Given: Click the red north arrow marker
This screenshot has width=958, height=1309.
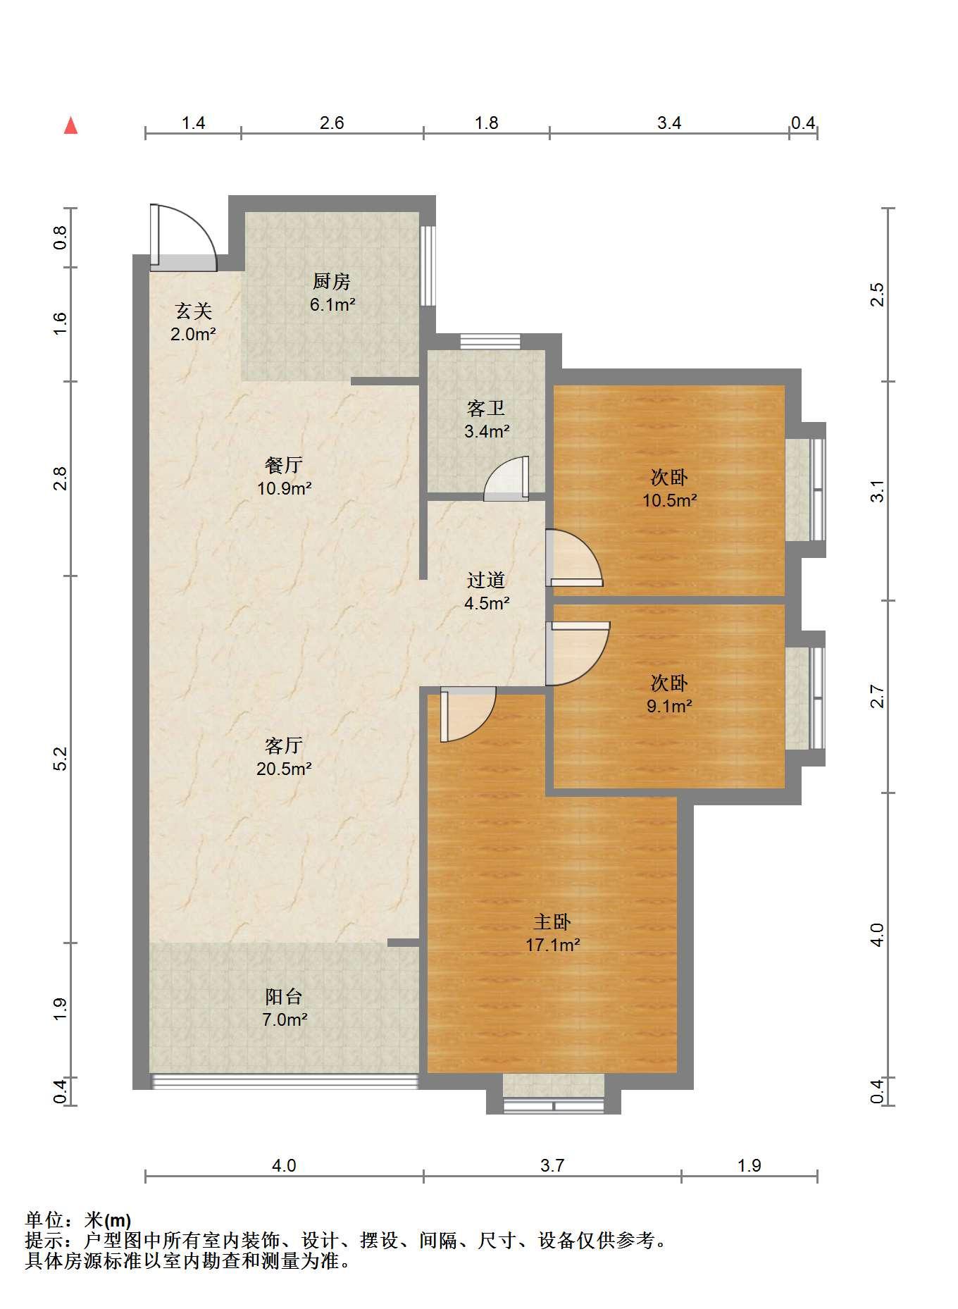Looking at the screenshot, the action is [x=70, y=125].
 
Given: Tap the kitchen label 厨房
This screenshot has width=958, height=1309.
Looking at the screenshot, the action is [x=331, y=282].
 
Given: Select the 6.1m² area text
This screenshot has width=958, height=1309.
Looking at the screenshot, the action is [x=332, y=305].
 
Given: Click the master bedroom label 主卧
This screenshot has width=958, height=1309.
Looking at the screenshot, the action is [x=552, y=922].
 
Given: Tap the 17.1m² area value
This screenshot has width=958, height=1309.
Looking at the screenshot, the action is [x=552, y=945].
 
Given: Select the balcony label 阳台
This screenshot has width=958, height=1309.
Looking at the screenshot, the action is [x=284, y=996].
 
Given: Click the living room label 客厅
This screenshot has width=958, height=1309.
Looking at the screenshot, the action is [x=284, y=745].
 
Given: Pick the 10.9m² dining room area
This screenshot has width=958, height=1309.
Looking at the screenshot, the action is [x=284, y=488].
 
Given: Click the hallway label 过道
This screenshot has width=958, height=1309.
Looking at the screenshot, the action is [x=486, y=580].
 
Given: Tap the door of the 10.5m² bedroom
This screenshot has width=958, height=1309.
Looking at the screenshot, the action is [x=574, y=558].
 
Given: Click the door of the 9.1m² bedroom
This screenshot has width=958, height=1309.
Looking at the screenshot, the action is [x=578, y=654].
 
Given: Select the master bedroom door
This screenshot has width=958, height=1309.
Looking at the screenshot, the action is [x=468, y=716].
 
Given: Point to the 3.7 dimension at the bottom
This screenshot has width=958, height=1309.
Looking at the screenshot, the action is [x=552, y=1165].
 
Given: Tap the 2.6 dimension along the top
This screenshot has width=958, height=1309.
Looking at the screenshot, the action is [x=332, y=123].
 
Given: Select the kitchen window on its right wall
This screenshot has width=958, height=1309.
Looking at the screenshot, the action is [x=428, y=265].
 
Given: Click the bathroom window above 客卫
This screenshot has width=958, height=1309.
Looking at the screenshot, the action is [x=490, y=342].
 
